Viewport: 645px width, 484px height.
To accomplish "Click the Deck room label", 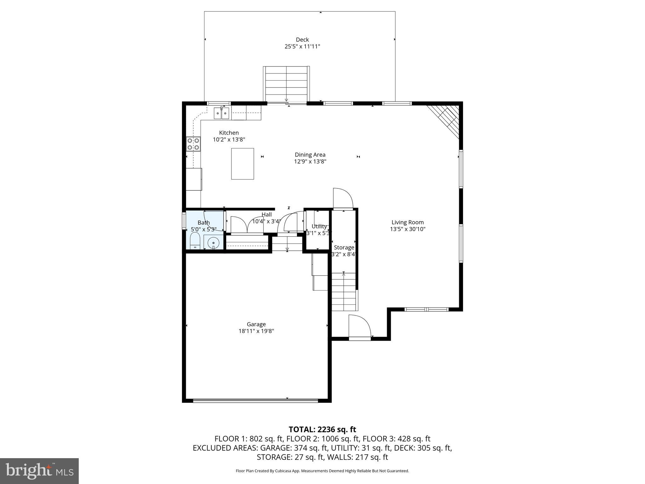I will (302, 40).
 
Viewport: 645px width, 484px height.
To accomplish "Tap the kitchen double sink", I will (222, 113).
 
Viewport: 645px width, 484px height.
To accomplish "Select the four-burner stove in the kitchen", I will (193, 144).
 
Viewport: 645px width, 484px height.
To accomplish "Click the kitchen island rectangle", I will (243, 164).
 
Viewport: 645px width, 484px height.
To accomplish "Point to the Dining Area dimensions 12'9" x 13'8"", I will (310, 162).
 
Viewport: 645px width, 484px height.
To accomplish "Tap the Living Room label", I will (408, 222).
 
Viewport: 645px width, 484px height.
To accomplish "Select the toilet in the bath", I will (195, 241).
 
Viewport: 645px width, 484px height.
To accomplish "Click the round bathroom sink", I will (214, 243).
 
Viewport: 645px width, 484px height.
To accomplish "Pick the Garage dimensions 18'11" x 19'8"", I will (256, 331).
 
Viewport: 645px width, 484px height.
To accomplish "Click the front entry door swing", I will (359, 327).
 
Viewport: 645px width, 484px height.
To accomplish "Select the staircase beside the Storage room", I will (344, 292).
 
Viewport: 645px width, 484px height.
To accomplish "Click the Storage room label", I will (344, 248).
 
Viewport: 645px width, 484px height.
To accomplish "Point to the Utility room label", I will (319, 226).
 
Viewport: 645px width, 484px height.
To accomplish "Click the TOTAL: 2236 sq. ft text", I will (322, 429).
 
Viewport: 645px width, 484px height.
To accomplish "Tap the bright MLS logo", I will (39, 471).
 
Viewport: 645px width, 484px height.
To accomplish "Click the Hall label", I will (266, 215).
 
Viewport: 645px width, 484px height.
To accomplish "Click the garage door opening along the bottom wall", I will (255, 401).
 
